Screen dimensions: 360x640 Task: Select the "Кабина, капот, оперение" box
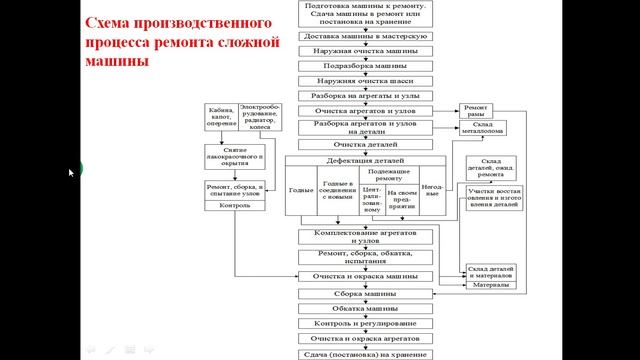[221, 117]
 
